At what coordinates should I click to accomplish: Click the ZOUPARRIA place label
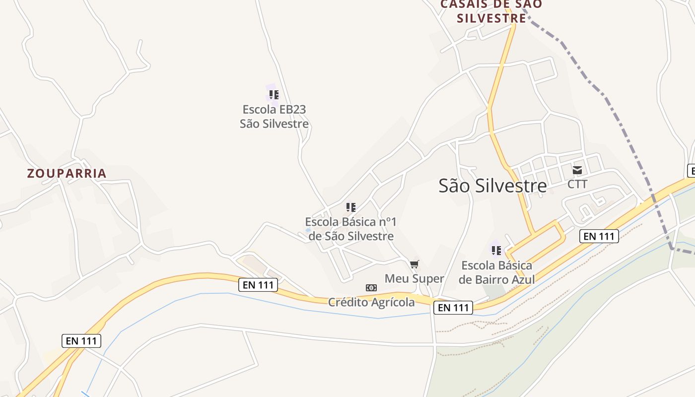click(x=67, y=173)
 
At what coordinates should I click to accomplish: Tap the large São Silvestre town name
click(x=492, y=186)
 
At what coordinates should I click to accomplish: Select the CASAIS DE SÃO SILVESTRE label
click(x=491, y=11)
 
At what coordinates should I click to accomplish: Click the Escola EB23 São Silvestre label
click(x=274, y=116)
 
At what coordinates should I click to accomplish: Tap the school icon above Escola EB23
click(x=274, y=94)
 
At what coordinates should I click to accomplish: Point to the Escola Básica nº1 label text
click(x=350, y=229)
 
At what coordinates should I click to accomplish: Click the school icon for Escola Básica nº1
click(x=350, y=207)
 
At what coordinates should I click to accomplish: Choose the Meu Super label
click(x=415, y=278)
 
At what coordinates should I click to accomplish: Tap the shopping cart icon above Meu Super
click(x=415, y=264)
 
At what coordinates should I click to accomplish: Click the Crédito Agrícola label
click(x=371, y=302)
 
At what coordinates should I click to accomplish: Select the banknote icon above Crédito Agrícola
click(x=371, y=288)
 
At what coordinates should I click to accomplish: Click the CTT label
click(x=577, y=184)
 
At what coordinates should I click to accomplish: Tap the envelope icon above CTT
click(x=577, y=170)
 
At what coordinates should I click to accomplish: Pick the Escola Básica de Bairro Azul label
click(x=496, y=272)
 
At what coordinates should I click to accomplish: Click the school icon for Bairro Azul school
click(x=496, y=251)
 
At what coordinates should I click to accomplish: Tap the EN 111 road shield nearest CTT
click(x=599, y=236)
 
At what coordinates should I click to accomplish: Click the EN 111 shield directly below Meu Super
click(x=453, y=308)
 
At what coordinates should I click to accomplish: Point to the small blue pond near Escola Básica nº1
click(x=308, y=230)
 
